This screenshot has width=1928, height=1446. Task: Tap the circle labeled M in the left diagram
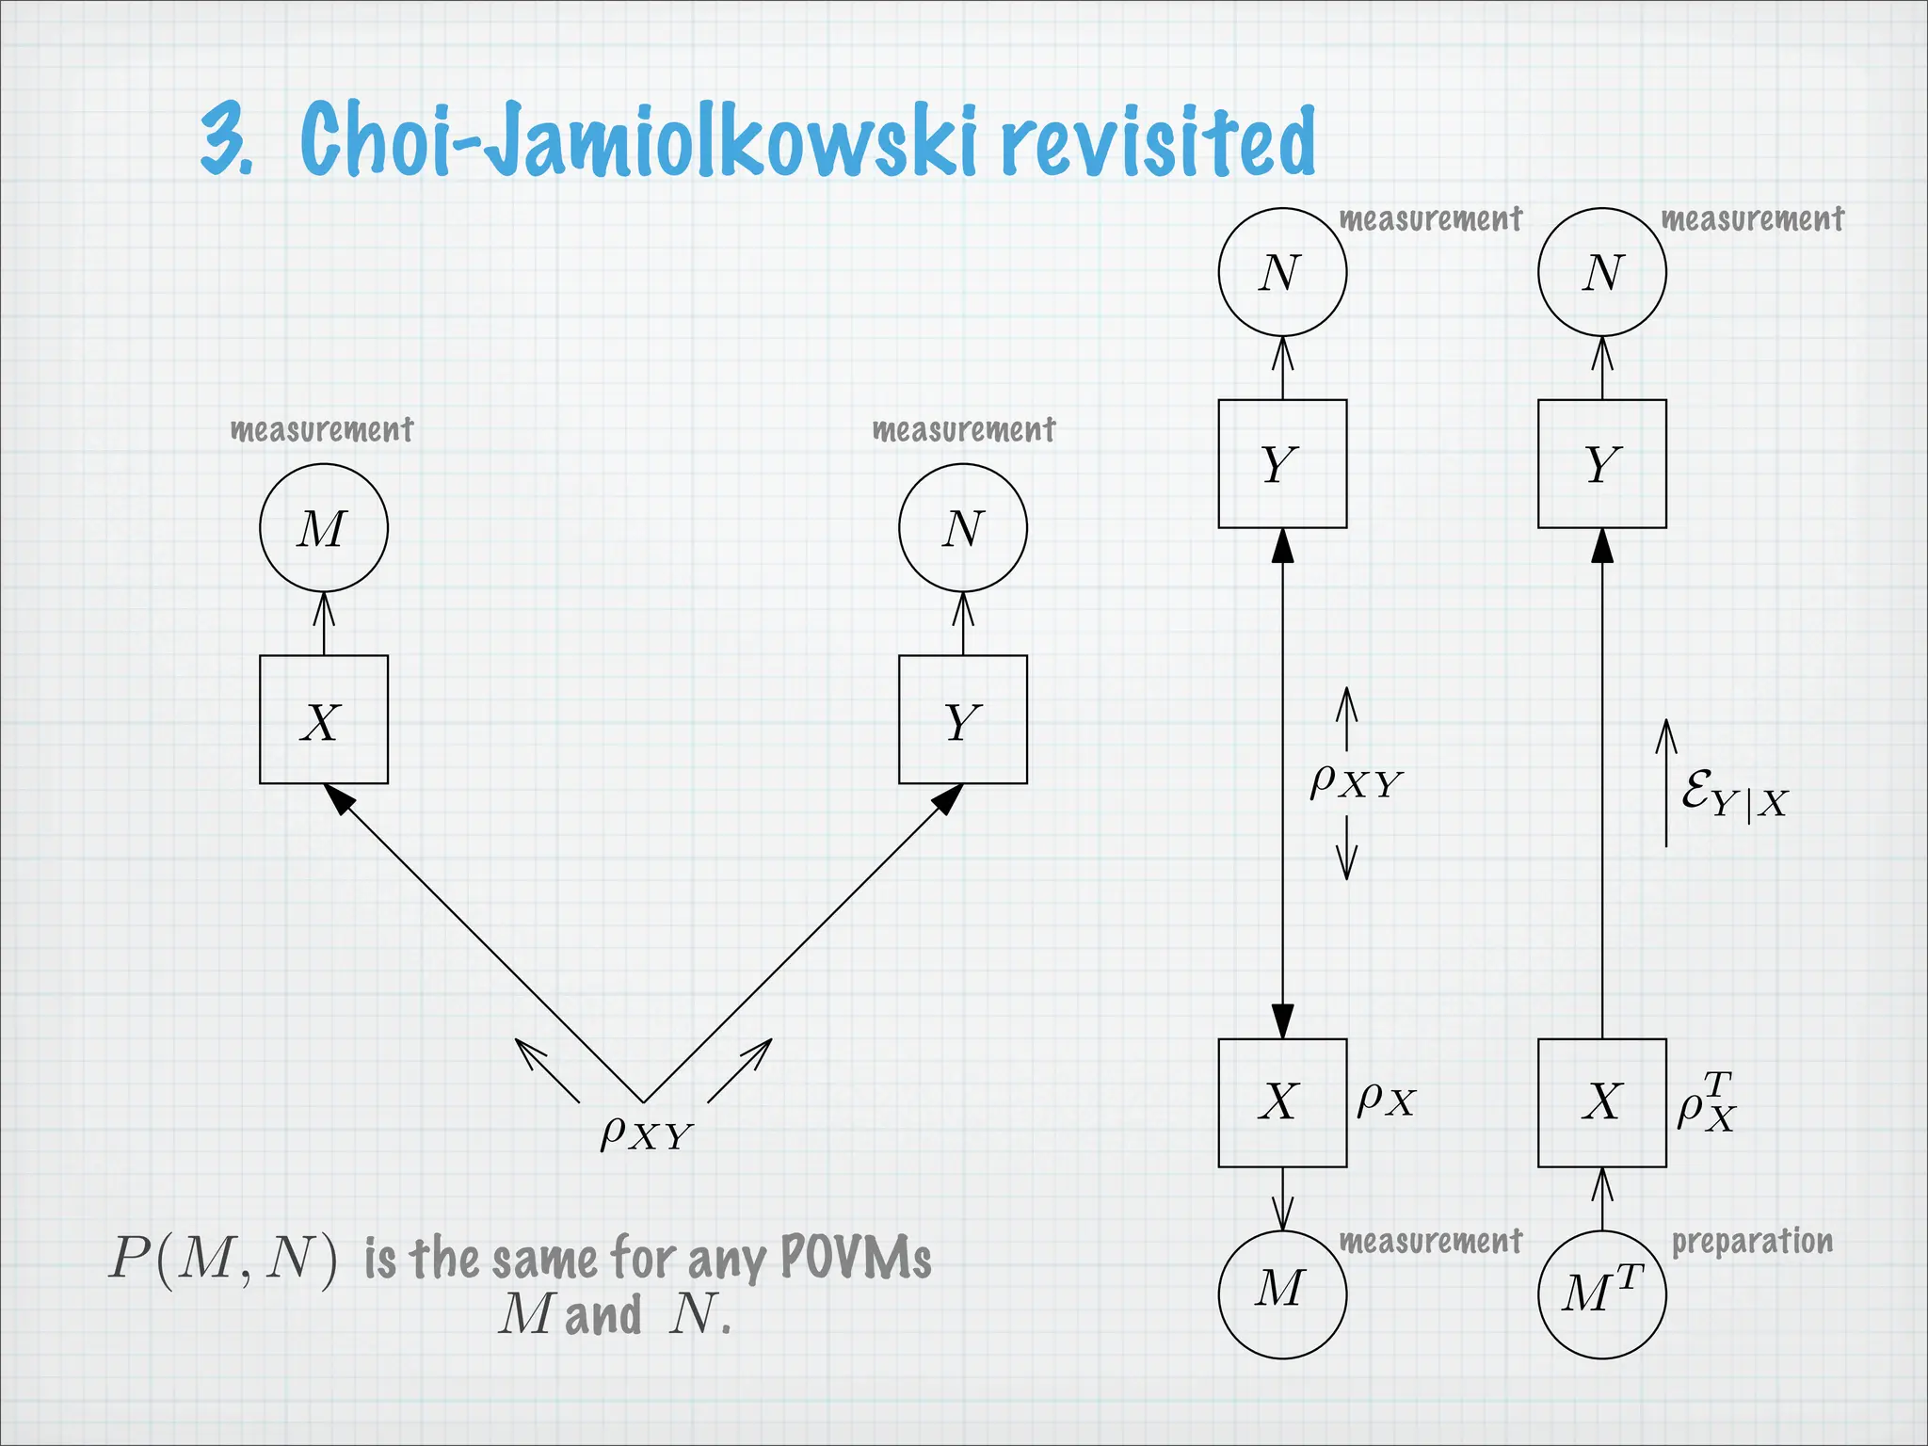(323, 528)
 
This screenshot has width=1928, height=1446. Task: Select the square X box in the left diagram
(323, 720)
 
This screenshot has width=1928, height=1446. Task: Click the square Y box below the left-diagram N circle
(962, 720)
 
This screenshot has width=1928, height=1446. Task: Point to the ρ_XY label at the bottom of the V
(646, 1133)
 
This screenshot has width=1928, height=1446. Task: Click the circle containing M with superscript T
(1601, 1294)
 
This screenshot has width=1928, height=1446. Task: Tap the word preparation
(1751, 1242)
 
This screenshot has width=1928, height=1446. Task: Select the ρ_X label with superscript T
(1706, 1101)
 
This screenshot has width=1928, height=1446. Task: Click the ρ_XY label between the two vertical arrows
(1356, 780)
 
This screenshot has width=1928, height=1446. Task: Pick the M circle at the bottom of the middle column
(1282, 1294)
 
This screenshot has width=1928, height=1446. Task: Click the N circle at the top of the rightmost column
(1601, 272)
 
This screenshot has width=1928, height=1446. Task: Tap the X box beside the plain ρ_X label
(1282, 1102)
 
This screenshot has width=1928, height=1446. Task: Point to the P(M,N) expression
(223, 1258)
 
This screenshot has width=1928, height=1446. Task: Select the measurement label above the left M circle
(322, 430)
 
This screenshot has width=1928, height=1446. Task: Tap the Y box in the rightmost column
(1601, 464)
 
